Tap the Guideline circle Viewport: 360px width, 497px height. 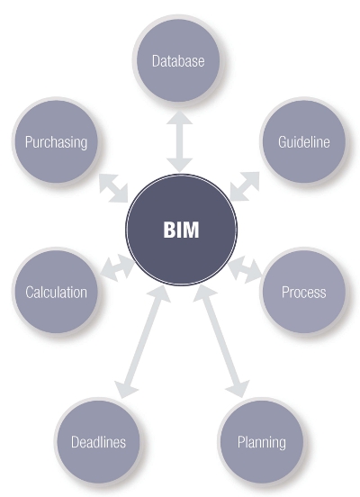[x=303, y=141]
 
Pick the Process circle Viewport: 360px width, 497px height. [x=303, y=292]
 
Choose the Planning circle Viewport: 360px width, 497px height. [x=261, y=441]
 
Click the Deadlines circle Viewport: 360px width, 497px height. [x=98, y=441]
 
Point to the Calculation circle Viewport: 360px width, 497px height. [x=56, y=292]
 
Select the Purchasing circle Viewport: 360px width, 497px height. [x=56, y=142]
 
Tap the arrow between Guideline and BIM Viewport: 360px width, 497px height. [x=244, y=186]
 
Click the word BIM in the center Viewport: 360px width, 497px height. [x=181, y=229]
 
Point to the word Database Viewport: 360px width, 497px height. [x=178, y=62]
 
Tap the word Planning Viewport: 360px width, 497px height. [x=261, y=442]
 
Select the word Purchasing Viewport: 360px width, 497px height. [x=56, y=142]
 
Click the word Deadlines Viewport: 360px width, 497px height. [x=98, y=442]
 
